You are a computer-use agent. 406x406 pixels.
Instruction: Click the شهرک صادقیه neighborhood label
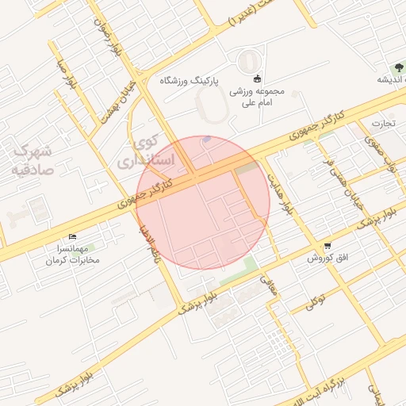[33, 159]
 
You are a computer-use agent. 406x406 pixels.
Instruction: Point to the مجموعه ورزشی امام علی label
[257, 98]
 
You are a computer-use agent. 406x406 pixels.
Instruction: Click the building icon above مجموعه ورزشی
[257, 78]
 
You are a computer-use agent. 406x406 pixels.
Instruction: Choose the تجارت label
[384, 123]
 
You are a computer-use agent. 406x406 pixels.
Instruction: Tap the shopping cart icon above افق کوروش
[327, 246]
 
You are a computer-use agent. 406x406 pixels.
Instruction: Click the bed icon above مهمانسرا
[73, 236]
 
